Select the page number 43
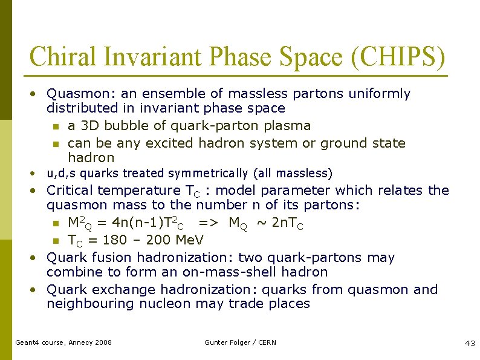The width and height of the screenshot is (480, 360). (470, 343)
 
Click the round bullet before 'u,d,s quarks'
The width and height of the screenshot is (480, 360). (34, 174)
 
